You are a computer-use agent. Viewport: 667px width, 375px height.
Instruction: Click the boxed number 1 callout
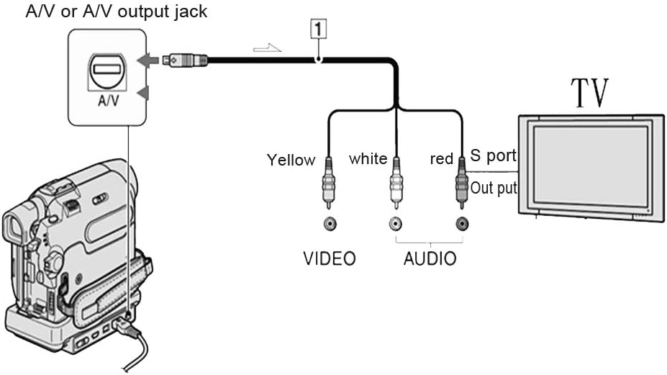click(319, 30)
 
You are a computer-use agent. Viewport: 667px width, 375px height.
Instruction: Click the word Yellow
click(291, 160)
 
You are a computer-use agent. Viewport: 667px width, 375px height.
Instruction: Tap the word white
click(368, 159)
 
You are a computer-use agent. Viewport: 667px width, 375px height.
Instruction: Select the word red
click(442, 159)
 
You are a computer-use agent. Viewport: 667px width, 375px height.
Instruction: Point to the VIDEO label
click(330, 259)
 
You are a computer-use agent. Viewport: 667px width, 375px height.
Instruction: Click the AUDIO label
click(430, 259)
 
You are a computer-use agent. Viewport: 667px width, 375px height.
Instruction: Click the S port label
click(493, 155)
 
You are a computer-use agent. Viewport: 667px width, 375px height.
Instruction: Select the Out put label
click(494, 188)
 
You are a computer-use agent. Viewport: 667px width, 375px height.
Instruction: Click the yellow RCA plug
click(328, 183)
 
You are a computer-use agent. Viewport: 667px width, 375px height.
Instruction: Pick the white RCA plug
click(396, 183)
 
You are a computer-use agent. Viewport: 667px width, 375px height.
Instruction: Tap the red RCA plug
click(461, 183)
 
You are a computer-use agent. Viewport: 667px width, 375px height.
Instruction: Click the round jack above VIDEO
click(330, 223)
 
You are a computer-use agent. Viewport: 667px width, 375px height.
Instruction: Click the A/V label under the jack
click(109, 101)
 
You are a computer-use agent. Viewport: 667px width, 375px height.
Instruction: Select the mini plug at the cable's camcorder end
click(185, 60)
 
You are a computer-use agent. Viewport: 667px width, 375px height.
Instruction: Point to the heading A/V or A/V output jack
click(117, 12)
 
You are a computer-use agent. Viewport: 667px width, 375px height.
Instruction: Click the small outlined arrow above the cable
click(267, 48)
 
